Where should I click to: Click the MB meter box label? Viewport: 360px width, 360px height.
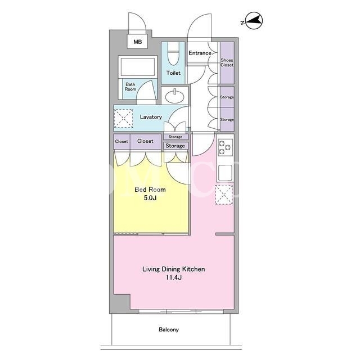click(137, 42)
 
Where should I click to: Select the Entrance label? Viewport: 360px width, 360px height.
click(200, 53)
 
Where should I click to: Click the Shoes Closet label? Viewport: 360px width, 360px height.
click(227, 62)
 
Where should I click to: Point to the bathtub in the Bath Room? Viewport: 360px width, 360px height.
click(138, 66)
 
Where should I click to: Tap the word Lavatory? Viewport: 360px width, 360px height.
click(151, 117)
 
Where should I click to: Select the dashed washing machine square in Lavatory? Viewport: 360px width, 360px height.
click(124, 118)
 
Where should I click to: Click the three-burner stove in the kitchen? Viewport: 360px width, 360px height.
click(225, 146)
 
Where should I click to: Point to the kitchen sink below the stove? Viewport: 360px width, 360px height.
click(225, 173)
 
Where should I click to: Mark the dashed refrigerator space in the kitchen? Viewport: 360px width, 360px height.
click(224, 195)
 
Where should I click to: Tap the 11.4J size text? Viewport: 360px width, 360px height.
click(174, 277)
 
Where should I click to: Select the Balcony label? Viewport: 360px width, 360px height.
click(169, 330)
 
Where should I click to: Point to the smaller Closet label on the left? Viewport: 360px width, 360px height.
click(121, 141)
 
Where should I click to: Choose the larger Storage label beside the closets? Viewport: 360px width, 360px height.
click(175, 146)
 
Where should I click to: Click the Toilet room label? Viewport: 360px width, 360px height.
click(173, 73)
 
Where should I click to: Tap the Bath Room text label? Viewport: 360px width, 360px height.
click(130, 87)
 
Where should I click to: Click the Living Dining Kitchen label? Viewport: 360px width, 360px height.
click(174, 269)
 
